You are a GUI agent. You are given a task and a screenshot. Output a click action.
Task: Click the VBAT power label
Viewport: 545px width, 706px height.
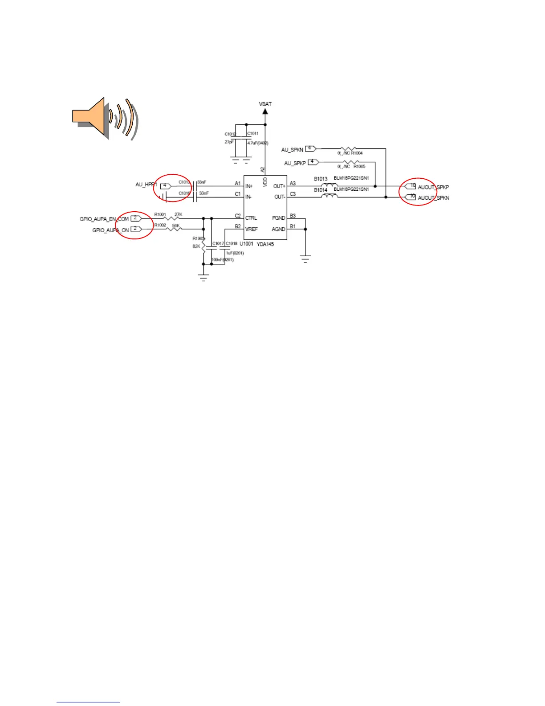265,104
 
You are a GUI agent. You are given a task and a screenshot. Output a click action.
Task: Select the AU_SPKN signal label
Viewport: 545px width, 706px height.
292,150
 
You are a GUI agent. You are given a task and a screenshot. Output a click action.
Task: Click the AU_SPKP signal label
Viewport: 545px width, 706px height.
295,163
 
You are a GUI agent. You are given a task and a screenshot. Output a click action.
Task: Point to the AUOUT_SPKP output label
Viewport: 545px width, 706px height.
433,187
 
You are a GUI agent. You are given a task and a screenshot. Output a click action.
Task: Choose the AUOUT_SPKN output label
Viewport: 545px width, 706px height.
433,198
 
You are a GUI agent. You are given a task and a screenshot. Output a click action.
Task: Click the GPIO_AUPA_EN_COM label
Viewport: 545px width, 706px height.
104,219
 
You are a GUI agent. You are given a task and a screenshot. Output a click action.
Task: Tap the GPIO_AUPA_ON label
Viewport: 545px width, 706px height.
110,230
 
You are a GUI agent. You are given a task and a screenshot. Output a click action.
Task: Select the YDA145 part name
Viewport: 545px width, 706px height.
265,244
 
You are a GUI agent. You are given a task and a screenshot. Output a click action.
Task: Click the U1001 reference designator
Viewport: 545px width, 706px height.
246,244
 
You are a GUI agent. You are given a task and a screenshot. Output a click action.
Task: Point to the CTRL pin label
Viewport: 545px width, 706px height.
251,218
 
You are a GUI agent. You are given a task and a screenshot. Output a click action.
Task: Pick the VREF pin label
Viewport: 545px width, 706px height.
252,229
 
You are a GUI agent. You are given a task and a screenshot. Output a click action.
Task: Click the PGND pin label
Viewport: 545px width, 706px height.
278,218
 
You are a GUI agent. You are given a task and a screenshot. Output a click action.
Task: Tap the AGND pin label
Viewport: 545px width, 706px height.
278,229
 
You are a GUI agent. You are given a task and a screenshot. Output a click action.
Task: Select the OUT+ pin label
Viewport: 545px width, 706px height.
279,186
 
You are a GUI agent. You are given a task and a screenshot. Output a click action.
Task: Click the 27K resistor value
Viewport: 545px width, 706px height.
179,214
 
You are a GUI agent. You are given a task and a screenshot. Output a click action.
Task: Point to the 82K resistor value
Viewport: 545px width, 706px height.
196,246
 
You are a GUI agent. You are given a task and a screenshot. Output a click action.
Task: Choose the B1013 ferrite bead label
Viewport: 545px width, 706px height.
321,179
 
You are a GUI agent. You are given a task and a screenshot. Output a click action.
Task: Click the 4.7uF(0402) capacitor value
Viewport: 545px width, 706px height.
258,143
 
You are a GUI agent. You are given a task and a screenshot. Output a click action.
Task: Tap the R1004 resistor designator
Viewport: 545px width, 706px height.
357,153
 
